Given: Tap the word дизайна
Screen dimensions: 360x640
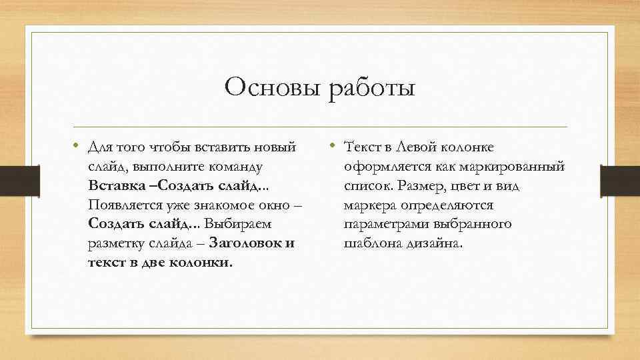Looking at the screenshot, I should [434, 243].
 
